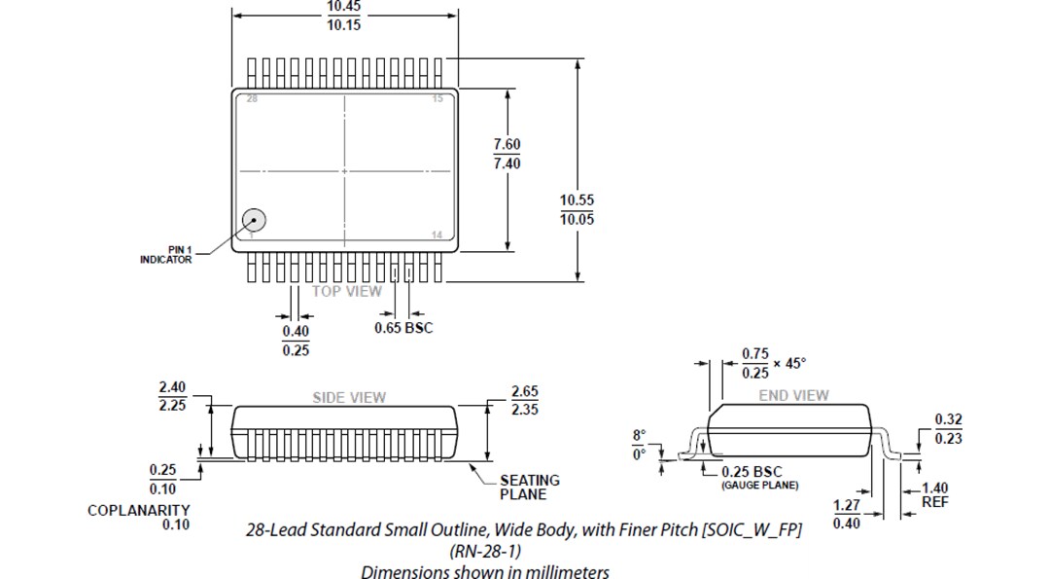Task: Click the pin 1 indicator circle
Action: pos(253,221)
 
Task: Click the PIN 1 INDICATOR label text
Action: pos(165,255)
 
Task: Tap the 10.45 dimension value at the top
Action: pos(343,7)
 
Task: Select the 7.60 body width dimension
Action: pos(507,144)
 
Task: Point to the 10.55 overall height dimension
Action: pos(577,200)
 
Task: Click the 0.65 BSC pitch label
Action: pos(403,328)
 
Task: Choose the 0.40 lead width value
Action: pos(296,332)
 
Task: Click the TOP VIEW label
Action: pos(347,291)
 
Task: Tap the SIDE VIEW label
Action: pos(348,397)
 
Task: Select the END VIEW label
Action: pos(793,395)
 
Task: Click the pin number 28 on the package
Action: pos(252,99)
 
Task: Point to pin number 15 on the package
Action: pos(437,99)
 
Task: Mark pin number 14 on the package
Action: pos(437,235)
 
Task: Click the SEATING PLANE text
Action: pos(529,487)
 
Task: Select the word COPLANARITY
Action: pos(138,510)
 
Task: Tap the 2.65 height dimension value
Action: pos(525,391)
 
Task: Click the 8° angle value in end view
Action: pos(639,435)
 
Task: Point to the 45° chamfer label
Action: pos(794,363)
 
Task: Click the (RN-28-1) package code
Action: pos(484,551)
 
